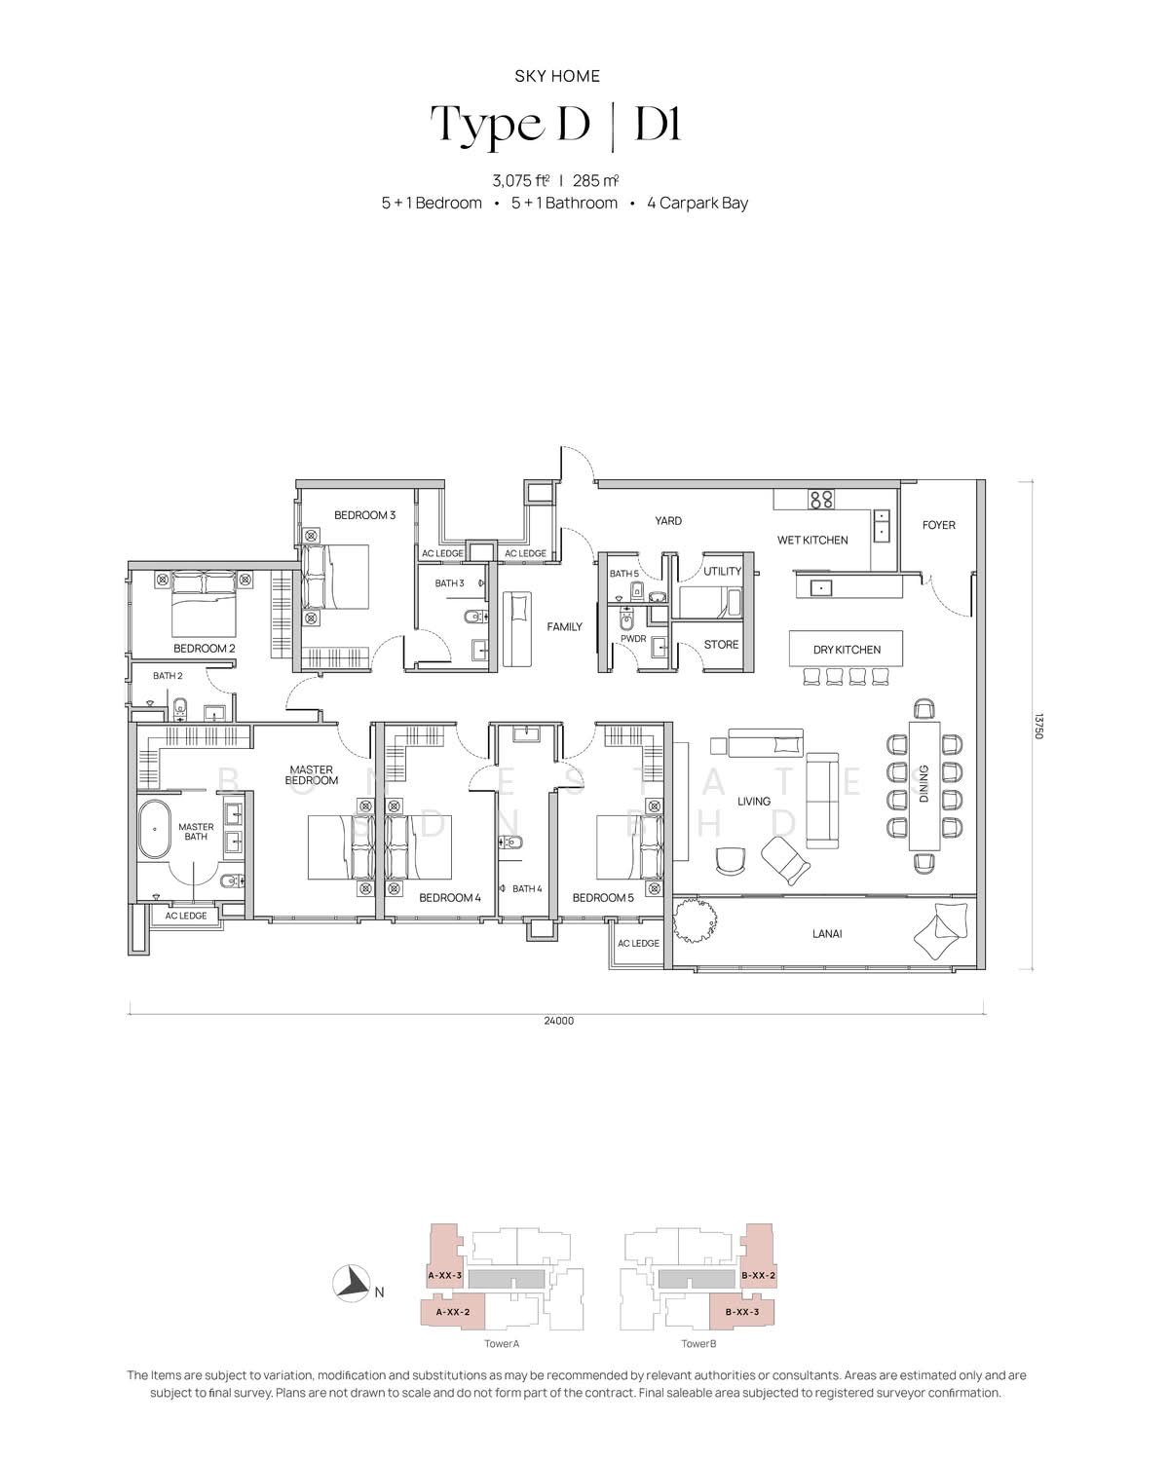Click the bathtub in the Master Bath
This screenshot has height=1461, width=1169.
pos(155,829)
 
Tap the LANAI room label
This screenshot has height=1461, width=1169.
pos(827,933)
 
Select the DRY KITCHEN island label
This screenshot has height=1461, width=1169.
pos(847,650)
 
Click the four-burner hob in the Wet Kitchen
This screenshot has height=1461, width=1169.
pos(820,499)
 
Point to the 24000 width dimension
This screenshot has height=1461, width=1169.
pos(558,1021)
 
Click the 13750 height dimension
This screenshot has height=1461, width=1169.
pos(1037,726)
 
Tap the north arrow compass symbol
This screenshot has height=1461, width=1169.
pos(351,1284)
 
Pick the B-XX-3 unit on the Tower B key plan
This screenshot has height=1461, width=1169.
pos(741,1311)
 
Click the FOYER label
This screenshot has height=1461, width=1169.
pos(938,525)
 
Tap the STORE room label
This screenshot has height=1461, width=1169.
pos(721,644)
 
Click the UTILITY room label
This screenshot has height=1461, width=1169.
pos(722,571)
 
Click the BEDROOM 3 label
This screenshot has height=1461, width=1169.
pos(364,515)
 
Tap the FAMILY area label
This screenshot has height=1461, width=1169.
pos(564,626)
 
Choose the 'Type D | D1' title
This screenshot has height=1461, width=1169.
pos(556,125)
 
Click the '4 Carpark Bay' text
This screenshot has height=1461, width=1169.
pos(698,203)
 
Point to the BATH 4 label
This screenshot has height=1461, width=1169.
pos(527,888)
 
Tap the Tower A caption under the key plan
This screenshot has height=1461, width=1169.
pos(502,1343)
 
